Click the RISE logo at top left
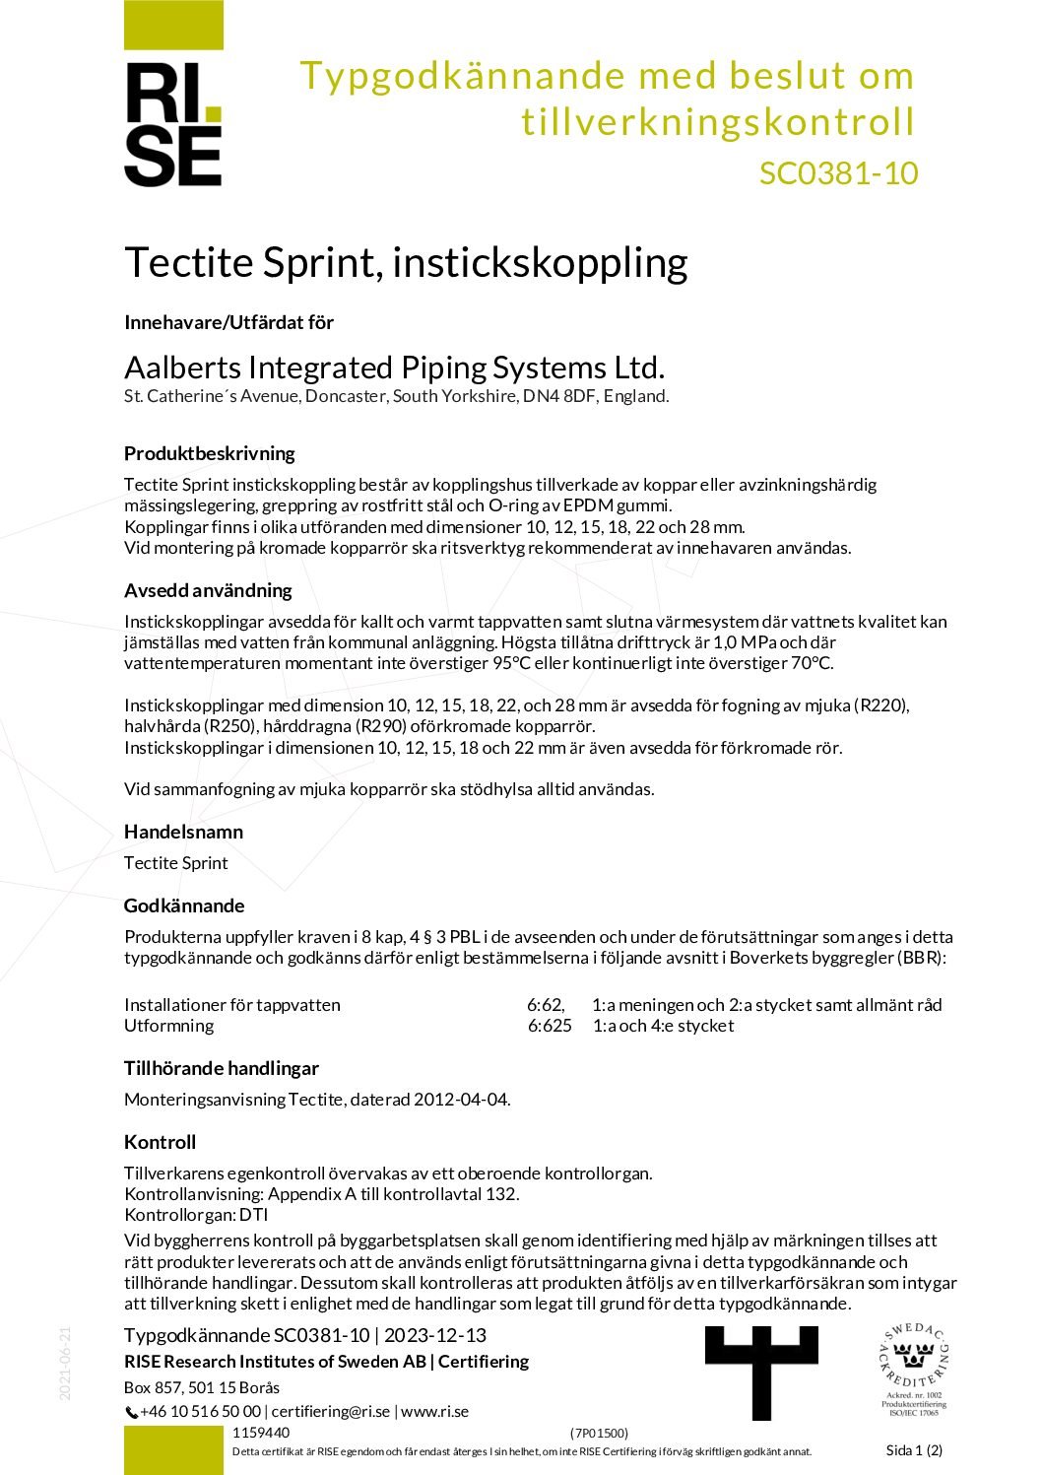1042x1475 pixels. tap(173, 123)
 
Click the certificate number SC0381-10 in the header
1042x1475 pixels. tap(838, 173)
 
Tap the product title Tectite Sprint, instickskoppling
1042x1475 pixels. tap(406, 263)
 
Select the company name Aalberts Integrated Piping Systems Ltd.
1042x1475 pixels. tap(394, 368)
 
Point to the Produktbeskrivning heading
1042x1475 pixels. tap(209, 453)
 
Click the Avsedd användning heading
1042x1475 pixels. tap(208, 590)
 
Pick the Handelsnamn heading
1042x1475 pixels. tap(183, 832)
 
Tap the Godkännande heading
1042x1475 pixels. tap(184, 905)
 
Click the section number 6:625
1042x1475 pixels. tap(550, 1026)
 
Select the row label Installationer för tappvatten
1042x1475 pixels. tap(232, 1005)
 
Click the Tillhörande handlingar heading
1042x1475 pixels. tap(222, 1068)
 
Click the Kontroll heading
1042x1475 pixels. tap(160, 1142)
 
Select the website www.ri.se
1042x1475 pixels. tap(434, 1411)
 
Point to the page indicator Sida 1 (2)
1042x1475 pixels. tap(914, 1449)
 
